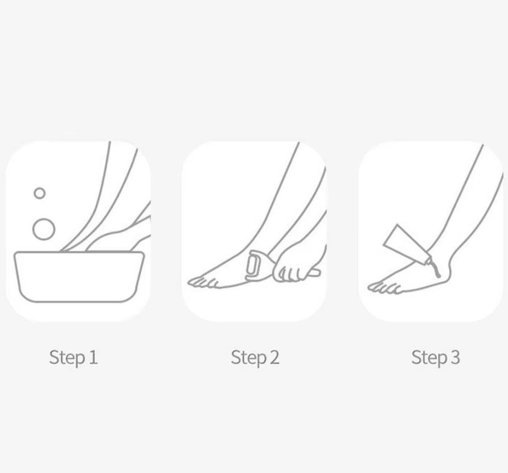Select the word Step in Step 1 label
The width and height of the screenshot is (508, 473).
coord(67,357)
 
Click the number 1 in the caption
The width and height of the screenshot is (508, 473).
coord(93,357)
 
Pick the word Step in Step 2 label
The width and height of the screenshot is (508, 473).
coord(248,357)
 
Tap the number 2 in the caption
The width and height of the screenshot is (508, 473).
coord(274,357)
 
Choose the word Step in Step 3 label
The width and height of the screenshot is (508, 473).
coord(429,357)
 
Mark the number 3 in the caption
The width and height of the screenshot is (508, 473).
coord(455,357)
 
